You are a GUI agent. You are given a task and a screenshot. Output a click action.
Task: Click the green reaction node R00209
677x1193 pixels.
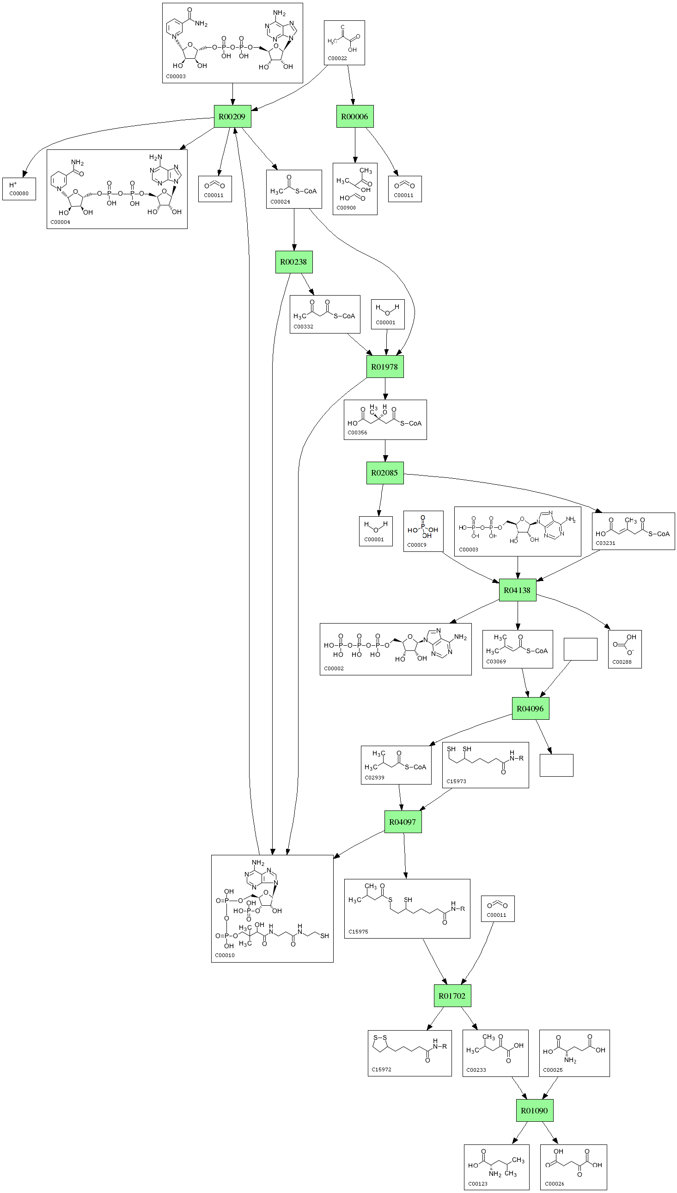pos(232,116)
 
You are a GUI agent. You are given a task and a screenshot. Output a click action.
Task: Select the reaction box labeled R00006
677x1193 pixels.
pos(355,116)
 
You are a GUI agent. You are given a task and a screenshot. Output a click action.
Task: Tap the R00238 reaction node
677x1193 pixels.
pos(293,262)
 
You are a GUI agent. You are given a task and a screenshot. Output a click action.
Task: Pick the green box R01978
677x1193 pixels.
pos(384,367)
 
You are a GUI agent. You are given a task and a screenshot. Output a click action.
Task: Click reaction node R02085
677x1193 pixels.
pos(384,473)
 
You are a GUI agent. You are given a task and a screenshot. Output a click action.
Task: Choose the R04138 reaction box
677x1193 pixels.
pos(517,590)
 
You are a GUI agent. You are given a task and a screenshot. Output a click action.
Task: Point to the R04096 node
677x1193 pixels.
pos(530,709)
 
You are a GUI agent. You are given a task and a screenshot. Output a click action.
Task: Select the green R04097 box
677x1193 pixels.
pos(403,822)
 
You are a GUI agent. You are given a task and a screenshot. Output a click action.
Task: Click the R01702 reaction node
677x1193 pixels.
pos(452,996)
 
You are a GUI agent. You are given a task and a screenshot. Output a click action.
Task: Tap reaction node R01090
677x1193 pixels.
pos(534,1110)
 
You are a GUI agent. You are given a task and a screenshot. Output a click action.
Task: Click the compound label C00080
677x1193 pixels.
pos(19,193)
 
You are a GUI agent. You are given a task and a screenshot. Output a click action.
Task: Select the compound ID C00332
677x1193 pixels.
pos(304,327)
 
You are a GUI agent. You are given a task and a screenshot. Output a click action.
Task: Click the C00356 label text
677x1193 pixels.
pos(358,433)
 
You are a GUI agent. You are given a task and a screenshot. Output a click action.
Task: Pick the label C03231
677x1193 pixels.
pos(605,543)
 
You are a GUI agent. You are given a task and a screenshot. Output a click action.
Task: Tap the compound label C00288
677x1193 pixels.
pos(622,661)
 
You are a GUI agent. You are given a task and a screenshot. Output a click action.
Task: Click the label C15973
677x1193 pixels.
pos(456,781)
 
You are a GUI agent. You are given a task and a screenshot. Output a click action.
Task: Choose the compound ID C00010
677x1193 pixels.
pos(225,955)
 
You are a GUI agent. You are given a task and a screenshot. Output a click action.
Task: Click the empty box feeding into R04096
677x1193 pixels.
pos(580,649)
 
